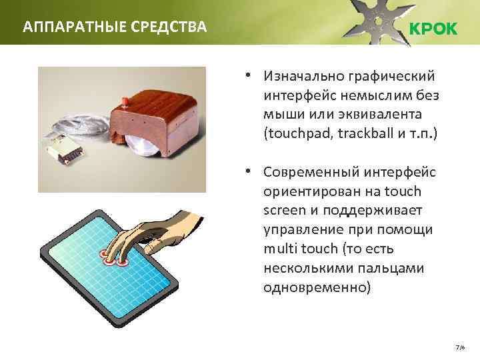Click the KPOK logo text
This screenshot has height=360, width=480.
click(x=432, y=29)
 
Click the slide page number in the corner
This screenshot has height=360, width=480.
click(x=459, y=348)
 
